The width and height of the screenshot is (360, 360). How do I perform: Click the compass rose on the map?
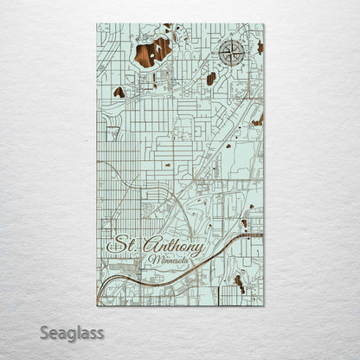(231, 54)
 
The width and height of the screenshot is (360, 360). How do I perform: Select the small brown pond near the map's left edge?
(119, 92)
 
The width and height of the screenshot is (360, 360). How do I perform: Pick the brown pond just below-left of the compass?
(211, 79)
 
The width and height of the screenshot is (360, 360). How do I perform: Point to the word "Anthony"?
(172, 247)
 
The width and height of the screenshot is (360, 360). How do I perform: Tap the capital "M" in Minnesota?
(153, 260)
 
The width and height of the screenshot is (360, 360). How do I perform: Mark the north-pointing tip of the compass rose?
(231, 41)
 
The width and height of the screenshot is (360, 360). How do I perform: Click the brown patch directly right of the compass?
(259, 48)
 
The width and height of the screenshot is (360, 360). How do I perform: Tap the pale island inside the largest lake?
(157, 48)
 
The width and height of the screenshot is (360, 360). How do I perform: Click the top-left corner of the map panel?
(97, 24)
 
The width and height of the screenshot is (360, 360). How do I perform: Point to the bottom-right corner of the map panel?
(264, 305)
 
